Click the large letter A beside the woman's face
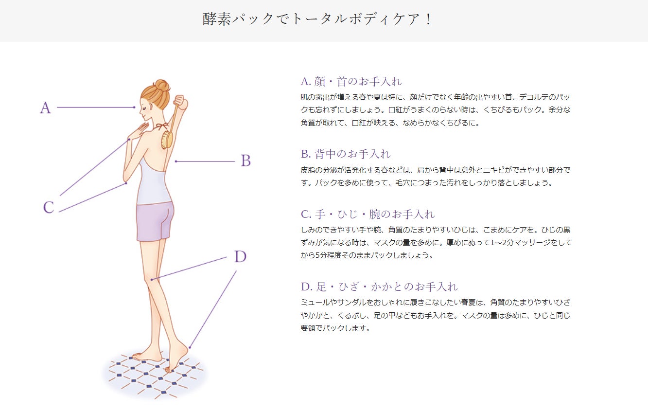(x=45, y=107)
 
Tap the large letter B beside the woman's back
(x=246, y=161)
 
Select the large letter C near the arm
(x=49, y=207)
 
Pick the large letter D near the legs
(x=241, y=256)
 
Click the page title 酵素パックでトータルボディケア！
(x=317, y=19)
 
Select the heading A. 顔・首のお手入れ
(x=351, y=82)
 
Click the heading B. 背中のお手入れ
(x=346, y=154)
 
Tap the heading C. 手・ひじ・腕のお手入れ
(x=368, y=215)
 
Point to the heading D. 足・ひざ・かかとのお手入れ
(x=379, y=287)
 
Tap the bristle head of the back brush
(x=167, y=140)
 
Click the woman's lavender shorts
(x=155, y=221)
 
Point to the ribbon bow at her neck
(x=161, y=126)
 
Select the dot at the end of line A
(x=134, y=107)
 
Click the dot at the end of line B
(x=176, y=161)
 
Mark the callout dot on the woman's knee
(x=152, y=279)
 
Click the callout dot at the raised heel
(x=190, y=347)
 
